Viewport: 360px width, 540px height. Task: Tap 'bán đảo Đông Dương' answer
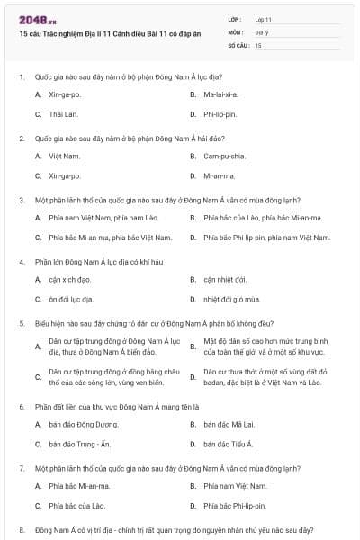pyautogui.click(x=78, y=423)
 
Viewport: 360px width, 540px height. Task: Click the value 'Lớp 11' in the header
pyautogui.click(x=263, y=19)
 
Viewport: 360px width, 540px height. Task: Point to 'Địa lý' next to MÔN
pyautogui.click(x=262, y=31)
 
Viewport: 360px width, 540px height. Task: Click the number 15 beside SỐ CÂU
pyautogui.click(x=258, y=44)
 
